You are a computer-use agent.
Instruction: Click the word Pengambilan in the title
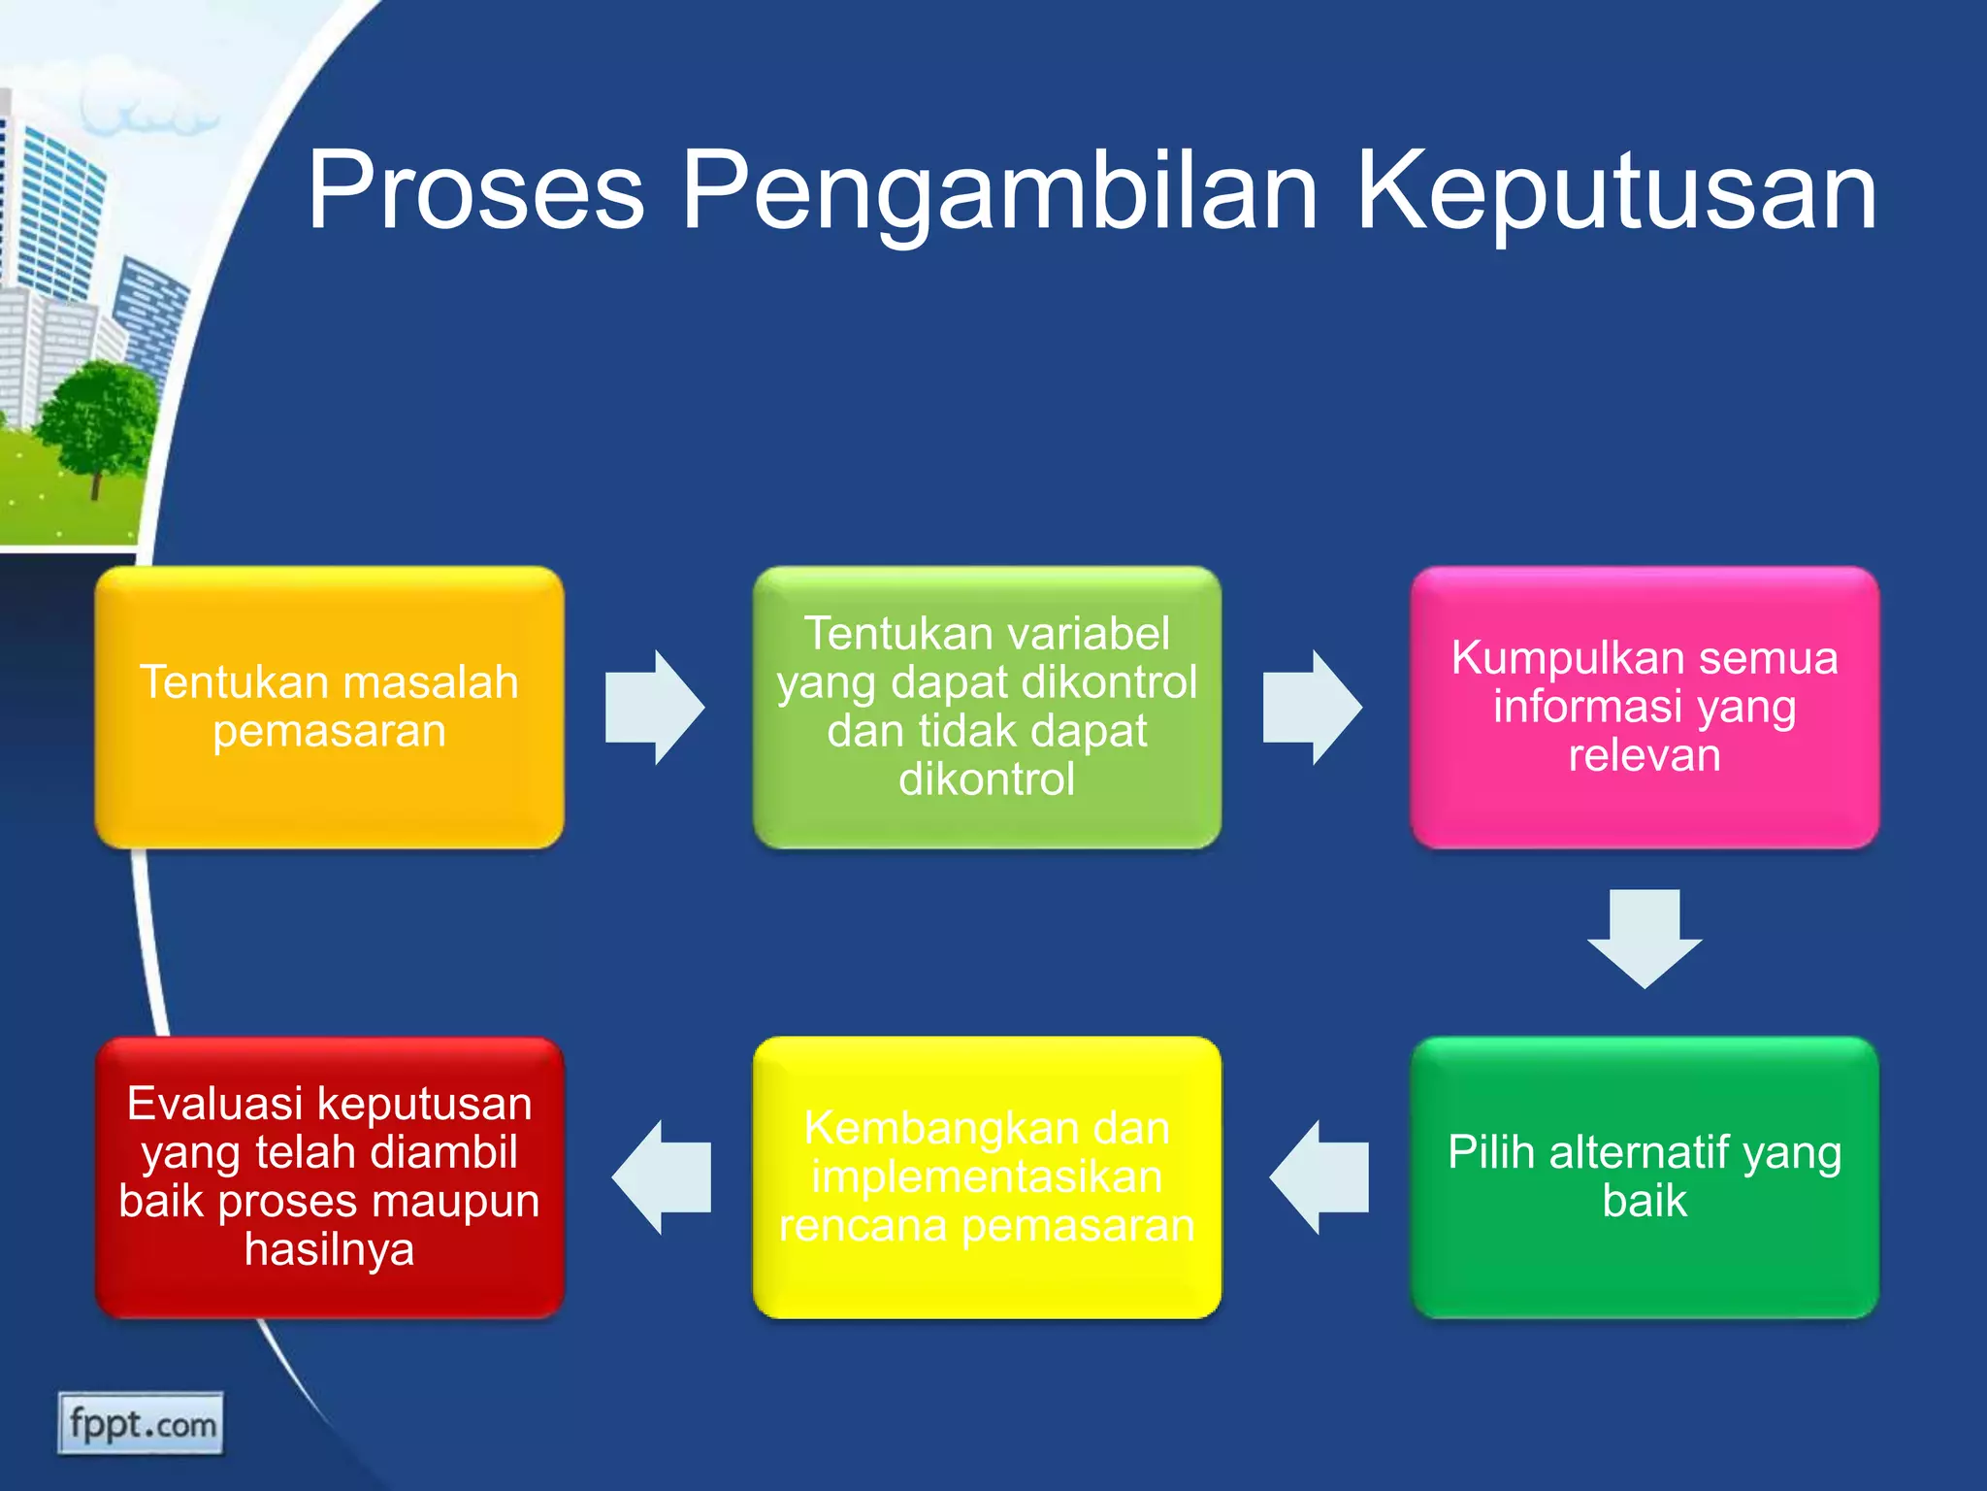point(999,192)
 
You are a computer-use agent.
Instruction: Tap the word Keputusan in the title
point(1615,192)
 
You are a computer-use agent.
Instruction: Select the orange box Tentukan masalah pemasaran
point(329,707)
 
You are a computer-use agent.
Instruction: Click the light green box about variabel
point(987,707)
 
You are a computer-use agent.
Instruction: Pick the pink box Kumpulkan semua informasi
point(1645,707)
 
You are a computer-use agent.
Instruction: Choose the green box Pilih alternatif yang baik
point(1645,1176)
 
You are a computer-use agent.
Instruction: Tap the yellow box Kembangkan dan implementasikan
point(987,1176)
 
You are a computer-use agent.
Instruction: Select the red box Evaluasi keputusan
point(329,1176)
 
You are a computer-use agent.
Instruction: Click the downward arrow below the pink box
point(1645,938)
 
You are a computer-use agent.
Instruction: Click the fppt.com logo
point(141,1424)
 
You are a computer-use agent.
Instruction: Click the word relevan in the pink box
point(1645,755)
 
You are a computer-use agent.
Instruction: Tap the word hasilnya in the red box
point(329,1249)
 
